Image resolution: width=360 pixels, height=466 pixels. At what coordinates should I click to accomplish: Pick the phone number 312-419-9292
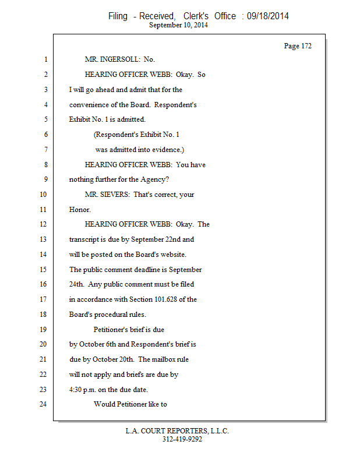click(182, 439)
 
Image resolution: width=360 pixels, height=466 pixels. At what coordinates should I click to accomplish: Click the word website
click(188, 255)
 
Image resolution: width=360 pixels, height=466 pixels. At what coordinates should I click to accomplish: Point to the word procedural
click(118, 315)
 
